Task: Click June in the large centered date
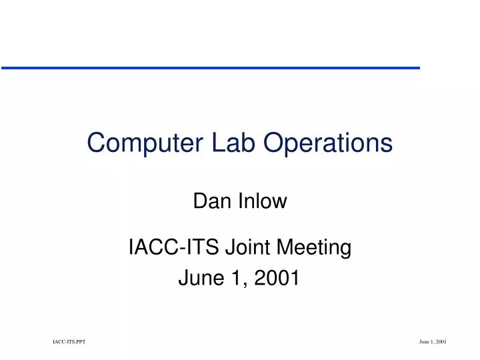tap(201, 279)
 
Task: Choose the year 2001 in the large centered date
tap(277, 279)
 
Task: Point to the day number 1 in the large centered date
tap(237, 279)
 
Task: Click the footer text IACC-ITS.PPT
tap(69, 341)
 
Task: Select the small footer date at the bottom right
tap(432, 341)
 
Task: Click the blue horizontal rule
tap(210, 68)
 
